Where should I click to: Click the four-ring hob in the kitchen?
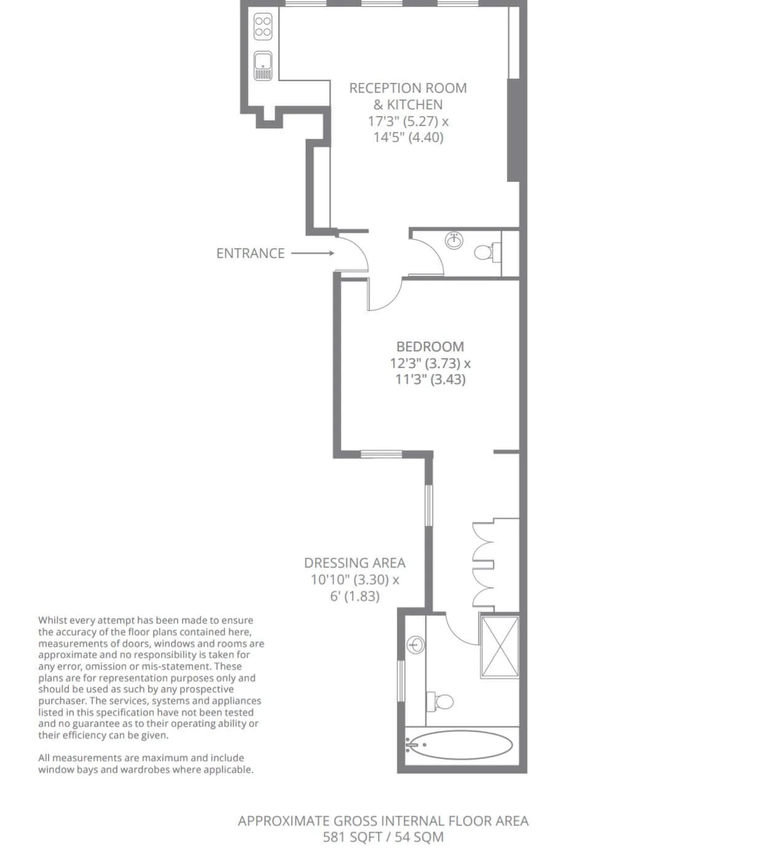(262, 26)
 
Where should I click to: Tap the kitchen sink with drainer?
(263, 66)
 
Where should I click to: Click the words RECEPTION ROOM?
(407, 88)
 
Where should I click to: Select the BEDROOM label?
(430, 346)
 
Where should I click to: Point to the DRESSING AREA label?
(355, 563)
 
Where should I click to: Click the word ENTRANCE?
(250, 254)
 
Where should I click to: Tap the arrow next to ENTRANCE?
(313, 254)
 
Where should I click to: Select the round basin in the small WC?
(454, 241)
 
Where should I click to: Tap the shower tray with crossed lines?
(500, 647)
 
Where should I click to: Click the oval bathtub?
(460, 744)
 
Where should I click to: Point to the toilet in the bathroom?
(440, 701)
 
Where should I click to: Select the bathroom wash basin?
(415, 645)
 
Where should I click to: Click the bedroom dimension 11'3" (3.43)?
(430, 379)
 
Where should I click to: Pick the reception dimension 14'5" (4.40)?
(409, 138)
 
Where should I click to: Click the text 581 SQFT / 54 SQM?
(383, 837)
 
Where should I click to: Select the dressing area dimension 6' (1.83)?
(355, 596)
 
